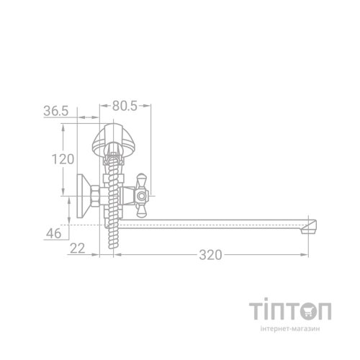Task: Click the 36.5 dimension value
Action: point(56,111)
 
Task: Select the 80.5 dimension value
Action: point(125,106)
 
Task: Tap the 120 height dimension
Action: point(63,159)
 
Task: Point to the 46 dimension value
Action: point(54,233)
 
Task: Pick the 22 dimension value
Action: point(78,248)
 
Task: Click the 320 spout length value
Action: point(210,255)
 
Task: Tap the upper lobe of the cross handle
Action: point(141,181)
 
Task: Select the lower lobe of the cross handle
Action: point(140,211)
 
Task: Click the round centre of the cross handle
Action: point(142,197)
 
